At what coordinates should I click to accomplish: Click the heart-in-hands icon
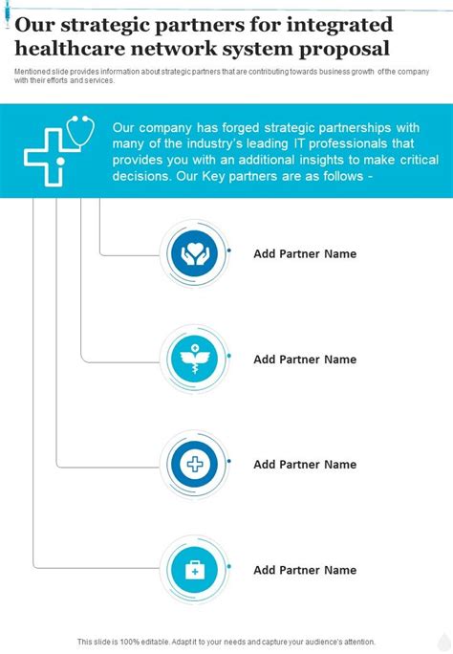pos(194,253)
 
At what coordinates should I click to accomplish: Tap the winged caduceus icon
pos(194,359)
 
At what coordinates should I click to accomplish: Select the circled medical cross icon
pos(194,465)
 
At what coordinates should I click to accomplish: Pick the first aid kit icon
pos(194,570)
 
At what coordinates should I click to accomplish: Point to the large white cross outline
pos(44,157)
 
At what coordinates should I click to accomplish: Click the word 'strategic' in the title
pos(106,26)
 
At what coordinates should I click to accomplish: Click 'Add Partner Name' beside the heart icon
pos(305,253)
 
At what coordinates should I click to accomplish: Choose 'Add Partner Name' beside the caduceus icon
pos(305,360)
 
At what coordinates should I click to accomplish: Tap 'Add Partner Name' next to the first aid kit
pos(305,570)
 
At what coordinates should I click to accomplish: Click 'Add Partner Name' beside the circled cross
pos(305,465)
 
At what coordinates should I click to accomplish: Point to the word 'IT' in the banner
pos(298,143)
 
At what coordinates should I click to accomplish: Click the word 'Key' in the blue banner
pos(213,176)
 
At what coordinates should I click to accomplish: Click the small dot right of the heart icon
pos(228,251)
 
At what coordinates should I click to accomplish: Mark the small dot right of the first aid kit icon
pos(228,566)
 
